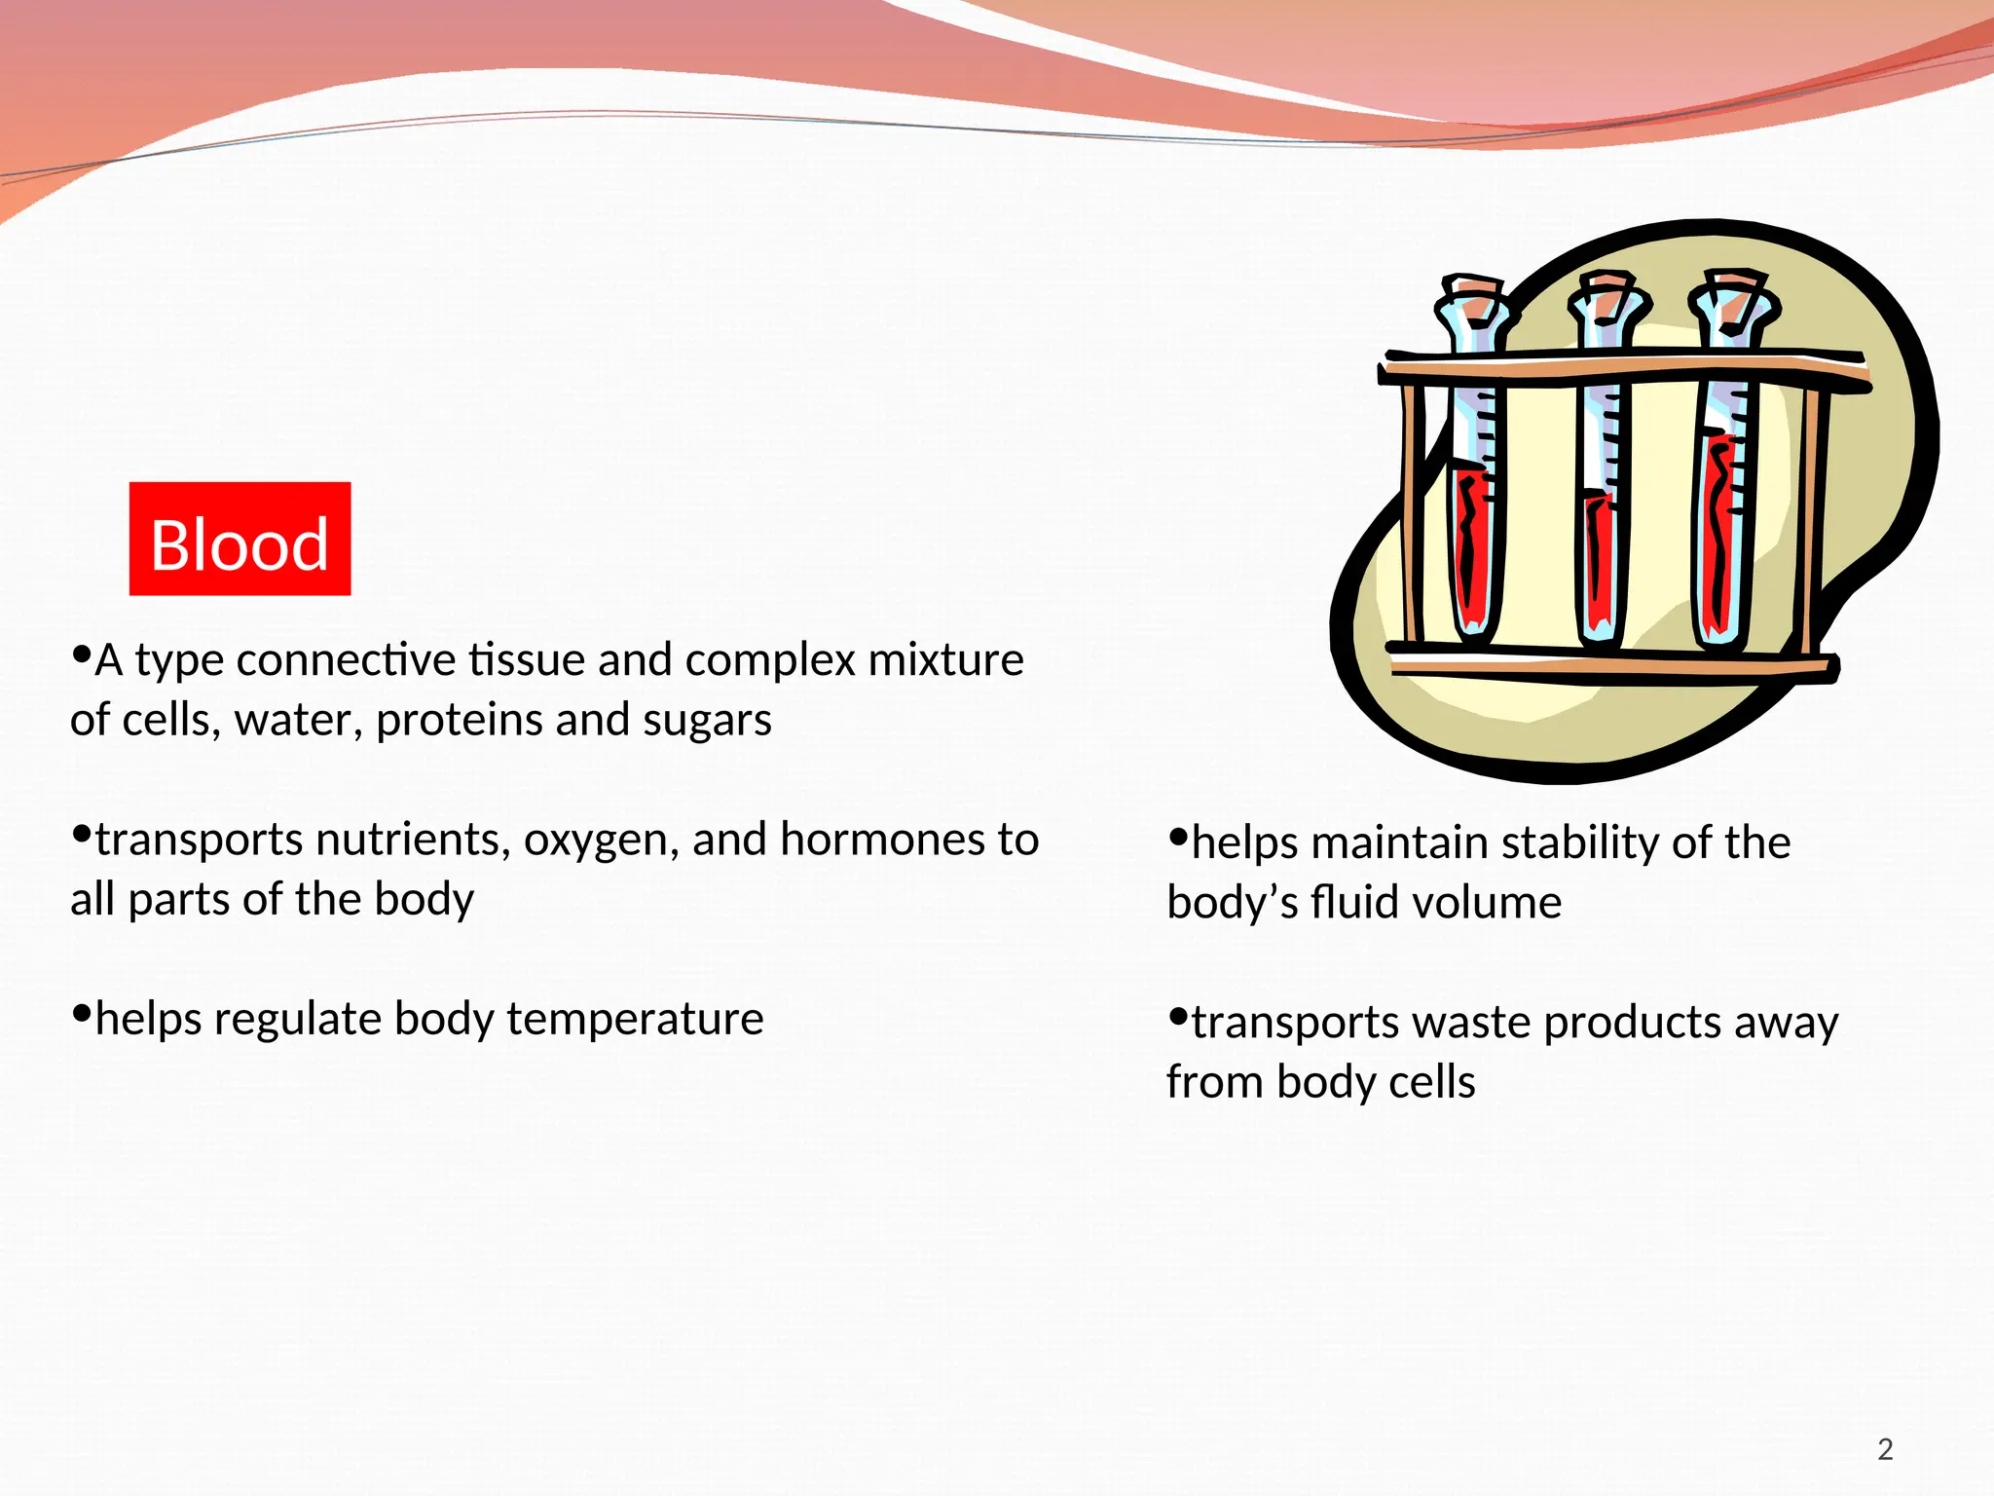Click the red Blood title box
pos(240,539)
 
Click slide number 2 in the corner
pos(1885,1449)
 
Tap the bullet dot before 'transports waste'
pos(1178,1018)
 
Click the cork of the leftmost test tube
pos(1472,289)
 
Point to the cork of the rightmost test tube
pos(1734,284)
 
